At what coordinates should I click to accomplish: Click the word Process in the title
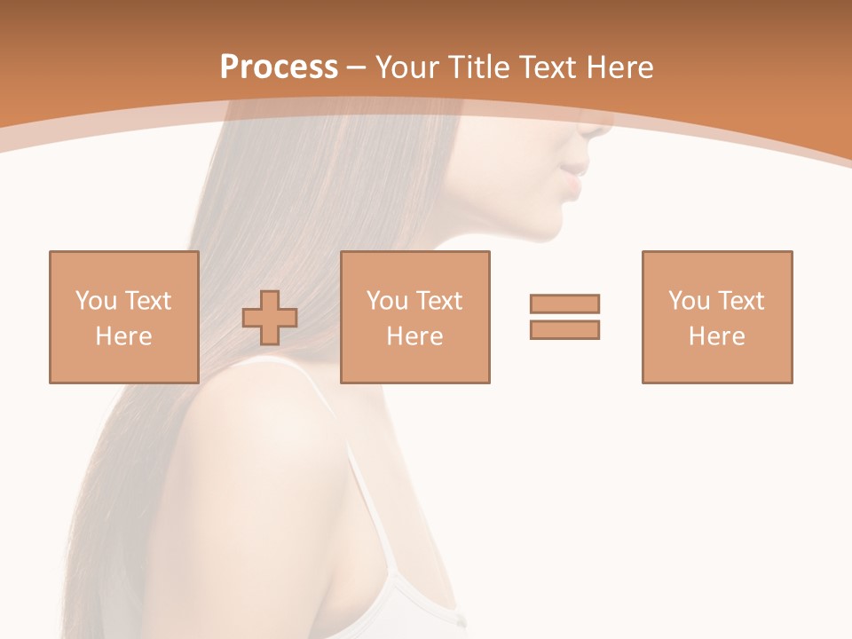point(279,67)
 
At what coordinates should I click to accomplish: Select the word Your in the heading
point(411,67)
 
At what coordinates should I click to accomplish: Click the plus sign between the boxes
point(270,318)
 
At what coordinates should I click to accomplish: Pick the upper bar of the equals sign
point(564,304)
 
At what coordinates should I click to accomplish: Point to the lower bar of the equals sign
point(564,329)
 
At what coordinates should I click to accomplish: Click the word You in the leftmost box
point(96,301)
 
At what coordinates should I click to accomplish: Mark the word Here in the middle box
point(414,336)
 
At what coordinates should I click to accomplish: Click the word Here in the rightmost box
point(716,336)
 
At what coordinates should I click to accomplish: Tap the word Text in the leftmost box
point(146,301)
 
